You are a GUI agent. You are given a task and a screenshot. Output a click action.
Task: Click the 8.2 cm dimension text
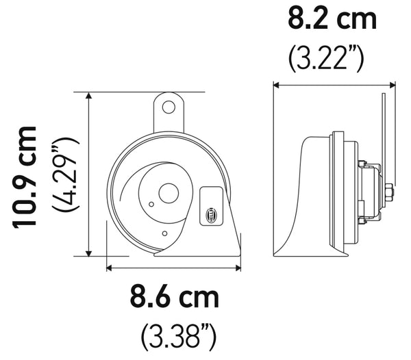[x=332, y=18]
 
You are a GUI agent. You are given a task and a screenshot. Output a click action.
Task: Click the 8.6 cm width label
[x=175, y=298]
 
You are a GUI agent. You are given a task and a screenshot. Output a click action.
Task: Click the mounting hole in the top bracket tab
[x=169, y=106]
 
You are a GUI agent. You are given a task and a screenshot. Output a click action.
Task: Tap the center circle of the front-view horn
[x=166, y=193]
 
